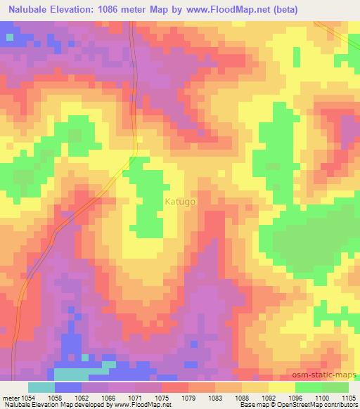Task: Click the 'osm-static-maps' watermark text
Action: click(x=330, y=375)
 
